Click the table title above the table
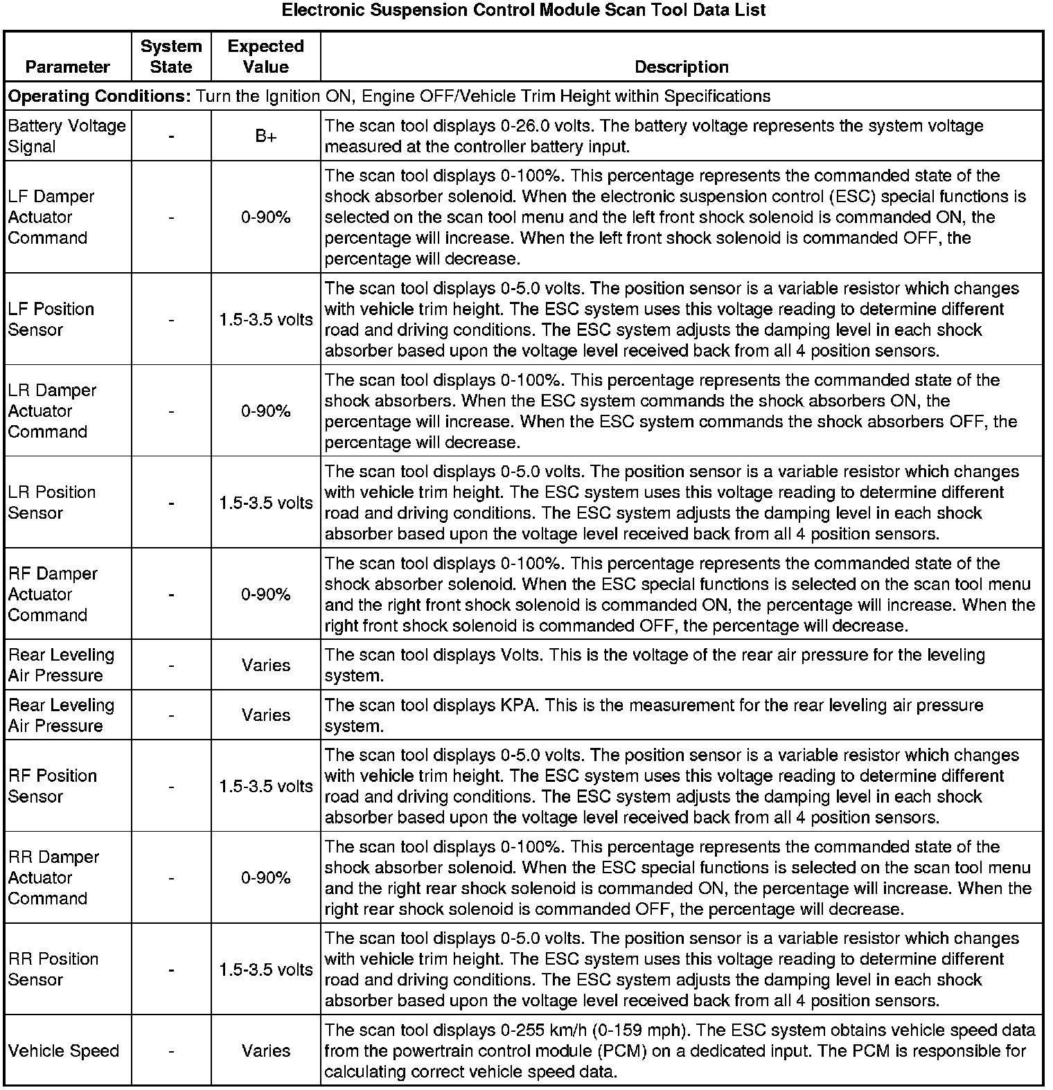(524, 10)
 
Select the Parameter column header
(67, 66)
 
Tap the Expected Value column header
(266, 56)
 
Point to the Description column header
(682, 66)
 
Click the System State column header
(171, 56)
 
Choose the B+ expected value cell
(266, 136)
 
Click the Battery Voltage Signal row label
(67, 136)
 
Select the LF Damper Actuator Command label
(51, 217)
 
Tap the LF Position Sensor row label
(51, 319)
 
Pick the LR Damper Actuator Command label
(53, 411)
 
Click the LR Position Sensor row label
(52, 503)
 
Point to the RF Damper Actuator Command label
(53, 594)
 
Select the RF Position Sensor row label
(53, 786)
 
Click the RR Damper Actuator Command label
(53, 877)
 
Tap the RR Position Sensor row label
(53, 970)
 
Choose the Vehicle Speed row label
(64, 1051)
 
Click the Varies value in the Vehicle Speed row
(266, 1051)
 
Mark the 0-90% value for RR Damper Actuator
(266, 877)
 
